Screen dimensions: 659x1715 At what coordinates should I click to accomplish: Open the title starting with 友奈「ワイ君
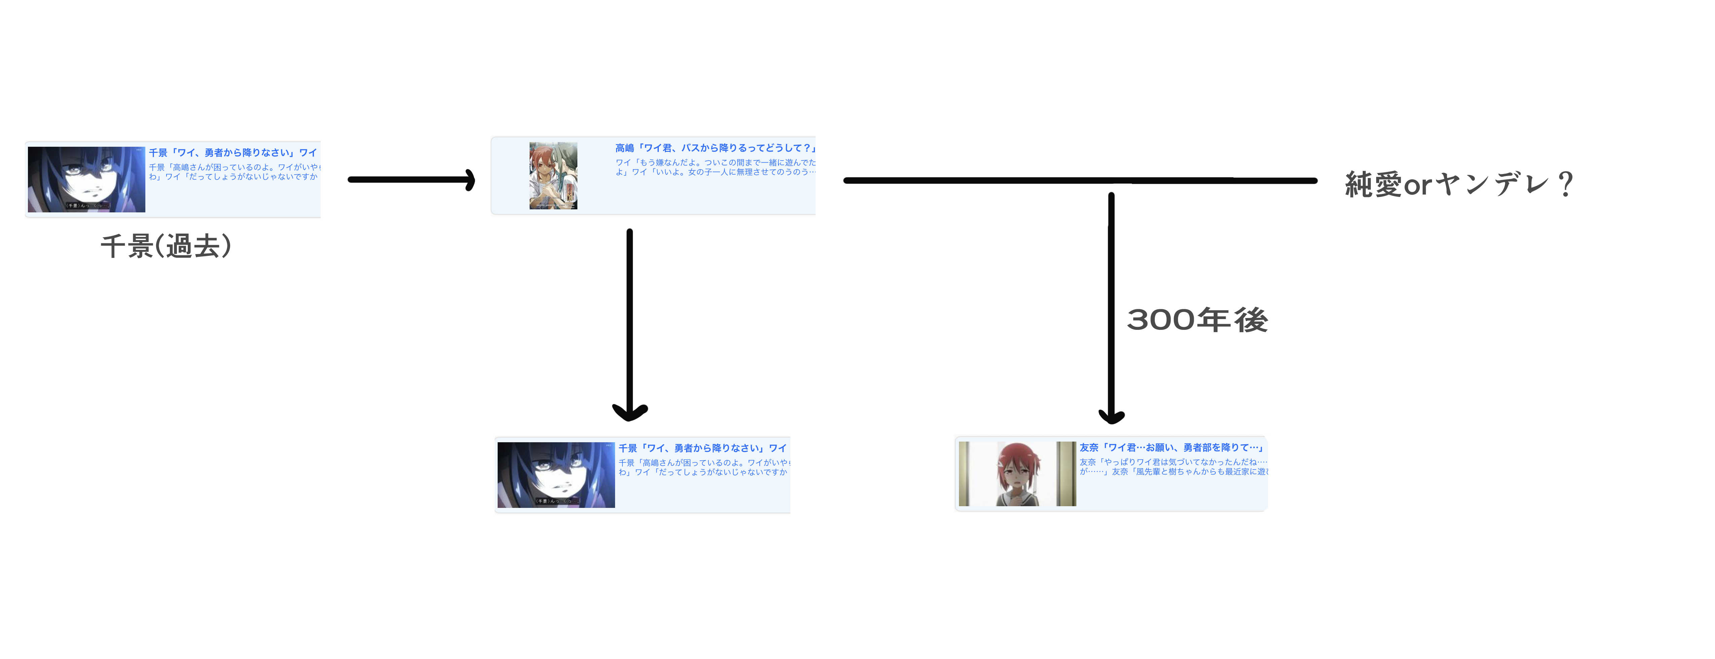coord(1170,447)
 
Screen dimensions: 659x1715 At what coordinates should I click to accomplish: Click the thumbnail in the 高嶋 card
coord(553,176)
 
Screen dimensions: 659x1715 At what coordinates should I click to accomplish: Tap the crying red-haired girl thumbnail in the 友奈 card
coord(1017,474)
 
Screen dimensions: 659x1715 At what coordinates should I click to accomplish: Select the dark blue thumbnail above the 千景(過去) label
coord(86,180)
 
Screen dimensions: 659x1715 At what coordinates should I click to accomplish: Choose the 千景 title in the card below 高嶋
coord(702,448)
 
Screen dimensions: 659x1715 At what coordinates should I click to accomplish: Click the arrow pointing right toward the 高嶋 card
coord(411,180)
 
